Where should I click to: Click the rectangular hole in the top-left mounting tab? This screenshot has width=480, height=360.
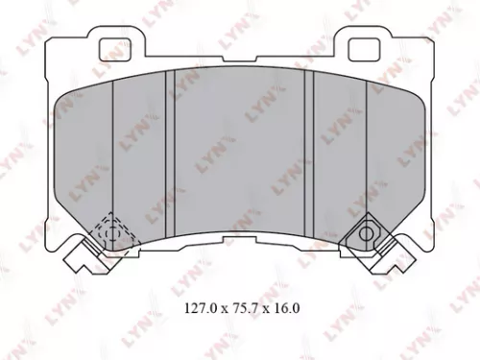115,46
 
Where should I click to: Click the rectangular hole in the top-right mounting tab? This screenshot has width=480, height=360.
363,46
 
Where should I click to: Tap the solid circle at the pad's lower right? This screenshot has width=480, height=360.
367,231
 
